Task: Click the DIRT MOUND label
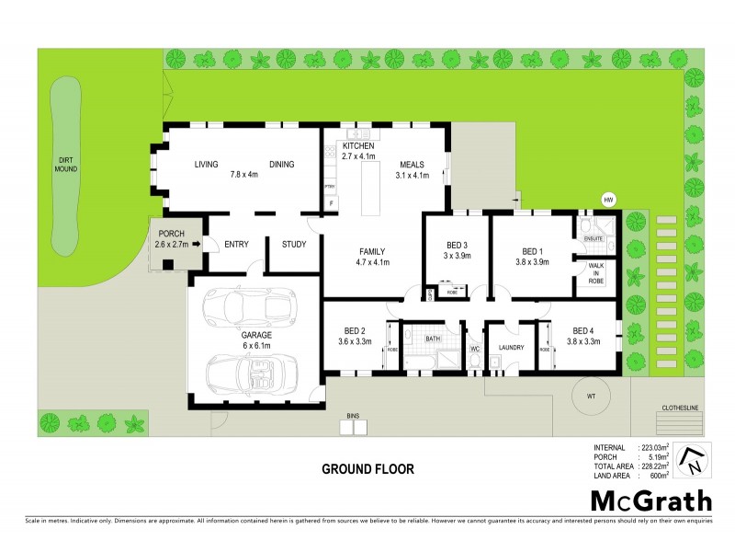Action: (65, 165)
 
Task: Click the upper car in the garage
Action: (251, 306)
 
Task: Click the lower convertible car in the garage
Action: (250, 375)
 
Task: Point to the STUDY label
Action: (294, 244)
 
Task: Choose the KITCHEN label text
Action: (359, 146)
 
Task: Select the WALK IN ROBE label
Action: (594, 271)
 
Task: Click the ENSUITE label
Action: (593, 238)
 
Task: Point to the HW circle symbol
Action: (607, 200)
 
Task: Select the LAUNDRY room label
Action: (511, 348)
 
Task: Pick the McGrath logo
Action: (650, 500)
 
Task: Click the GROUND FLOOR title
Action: (367, 468)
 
